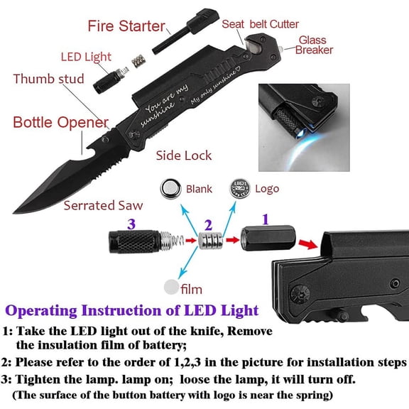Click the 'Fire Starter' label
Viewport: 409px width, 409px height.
tap(126, 27)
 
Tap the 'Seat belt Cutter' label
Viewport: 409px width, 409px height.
tap(260, 24)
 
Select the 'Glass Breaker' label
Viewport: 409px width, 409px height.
tap(314, 45)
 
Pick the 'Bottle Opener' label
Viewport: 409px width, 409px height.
tap(61, 122)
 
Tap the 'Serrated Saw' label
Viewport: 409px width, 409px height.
tap(103, 206)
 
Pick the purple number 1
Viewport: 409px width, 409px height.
tap(266, 220)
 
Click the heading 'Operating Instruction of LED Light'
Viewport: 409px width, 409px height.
tap(131, 310)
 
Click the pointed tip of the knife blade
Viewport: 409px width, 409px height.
tap(15, 212)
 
